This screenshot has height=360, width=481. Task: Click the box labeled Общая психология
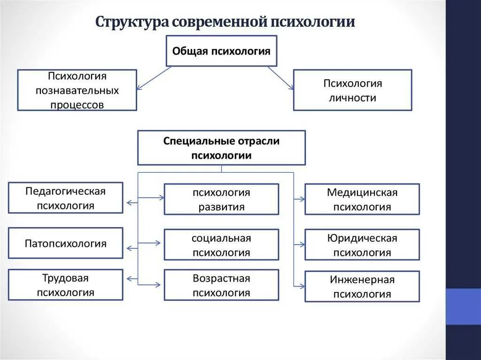221,51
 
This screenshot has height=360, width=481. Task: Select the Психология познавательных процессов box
77,90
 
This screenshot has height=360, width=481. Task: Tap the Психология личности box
352,90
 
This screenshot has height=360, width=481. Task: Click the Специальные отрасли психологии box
221,148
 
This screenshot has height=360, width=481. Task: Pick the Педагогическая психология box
66,198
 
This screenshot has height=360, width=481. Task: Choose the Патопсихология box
66,243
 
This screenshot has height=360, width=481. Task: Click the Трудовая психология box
66,285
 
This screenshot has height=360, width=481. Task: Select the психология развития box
221,199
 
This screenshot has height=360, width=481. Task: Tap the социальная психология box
221,245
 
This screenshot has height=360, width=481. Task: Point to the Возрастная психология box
221,285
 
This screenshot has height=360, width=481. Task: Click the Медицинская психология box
362,199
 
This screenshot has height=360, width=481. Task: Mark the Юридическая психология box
362,245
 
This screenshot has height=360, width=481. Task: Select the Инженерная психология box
362,286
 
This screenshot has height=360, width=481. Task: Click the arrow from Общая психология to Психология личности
280,77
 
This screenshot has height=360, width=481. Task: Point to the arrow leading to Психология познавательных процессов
154,77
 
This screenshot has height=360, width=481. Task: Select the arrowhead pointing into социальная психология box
158,243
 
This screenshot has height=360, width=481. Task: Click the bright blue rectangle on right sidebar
463,306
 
